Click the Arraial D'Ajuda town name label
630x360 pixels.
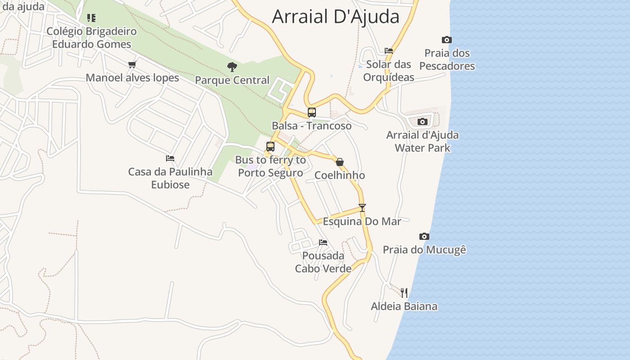click(x=336, y=17)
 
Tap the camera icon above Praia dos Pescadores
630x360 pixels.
click(x=446, y=40)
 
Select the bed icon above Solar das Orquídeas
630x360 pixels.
click(x=389, y=51)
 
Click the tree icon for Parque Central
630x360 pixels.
click(x=232, y=67)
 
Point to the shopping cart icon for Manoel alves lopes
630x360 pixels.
click(x=132, y=64)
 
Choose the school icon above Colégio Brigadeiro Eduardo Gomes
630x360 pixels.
click(x=91, y=18)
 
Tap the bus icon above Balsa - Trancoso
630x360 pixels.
click(x=311, y=112)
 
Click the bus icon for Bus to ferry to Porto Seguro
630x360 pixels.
click(x=270, y=147)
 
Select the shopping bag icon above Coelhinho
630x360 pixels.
click(x=340, y=162)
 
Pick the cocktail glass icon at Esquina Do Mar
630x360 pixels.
click(x=362, y=208)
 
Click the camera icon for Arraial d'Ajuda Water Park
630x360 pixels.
click(x=422, y=121)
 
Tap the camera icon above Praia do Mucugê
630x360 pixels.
click(x=424, y=236)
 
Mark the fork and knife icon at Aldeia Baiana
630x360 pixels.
click(x=404, y=293)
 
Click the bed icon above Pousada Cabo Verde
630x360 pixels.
click(x=323, y=243)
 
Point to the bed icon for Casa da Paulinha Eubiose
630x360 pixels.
click(x=170, y=158)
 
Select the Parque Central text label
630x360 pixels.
click(x=232, y=80)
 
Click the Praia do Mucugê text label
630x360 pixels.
click(x=424, y=249)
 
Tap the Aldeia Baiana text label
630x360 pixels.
click(x=404, y=306)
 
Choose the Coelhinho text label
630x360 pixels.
click(x=340, y=175)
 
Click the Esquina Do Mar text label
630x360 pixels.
click(x=362, y=221)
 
